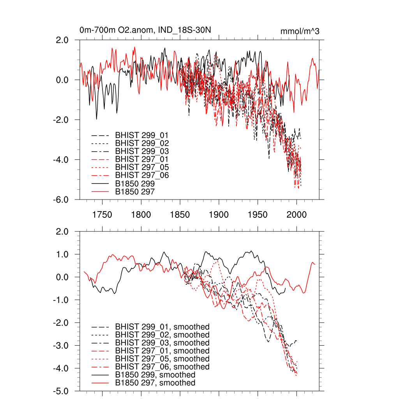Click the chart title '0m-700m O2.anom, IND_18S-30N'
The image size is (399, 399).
145,30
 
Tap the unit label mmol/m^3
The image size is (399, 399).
300,31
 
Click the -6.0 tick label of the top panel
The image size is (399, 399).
61,199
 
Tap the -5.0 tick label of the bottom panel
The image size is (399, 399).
61,391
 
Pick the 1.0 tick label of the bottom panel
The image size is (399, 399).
62,254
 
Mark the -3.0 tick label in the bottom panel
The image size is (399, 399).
61,346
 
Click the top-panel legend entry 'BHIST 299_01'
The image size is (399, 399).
142,135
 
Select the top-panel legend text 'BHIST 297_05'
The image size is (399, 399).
142,167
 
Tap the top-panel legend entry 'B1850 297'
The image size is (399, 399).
135,191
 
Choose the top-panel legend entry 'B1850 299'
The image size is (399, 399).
135,184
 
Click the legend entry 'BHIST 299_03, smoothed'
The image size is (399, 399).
162,343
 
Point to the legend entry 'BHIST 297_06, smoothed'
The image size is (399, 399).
162,367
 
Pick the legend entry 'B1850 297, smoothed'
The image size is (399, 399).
155,383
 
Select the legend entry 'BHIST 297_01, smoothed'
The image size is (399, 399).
162,351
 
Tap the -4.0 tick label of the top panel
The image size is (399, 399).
61,160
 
